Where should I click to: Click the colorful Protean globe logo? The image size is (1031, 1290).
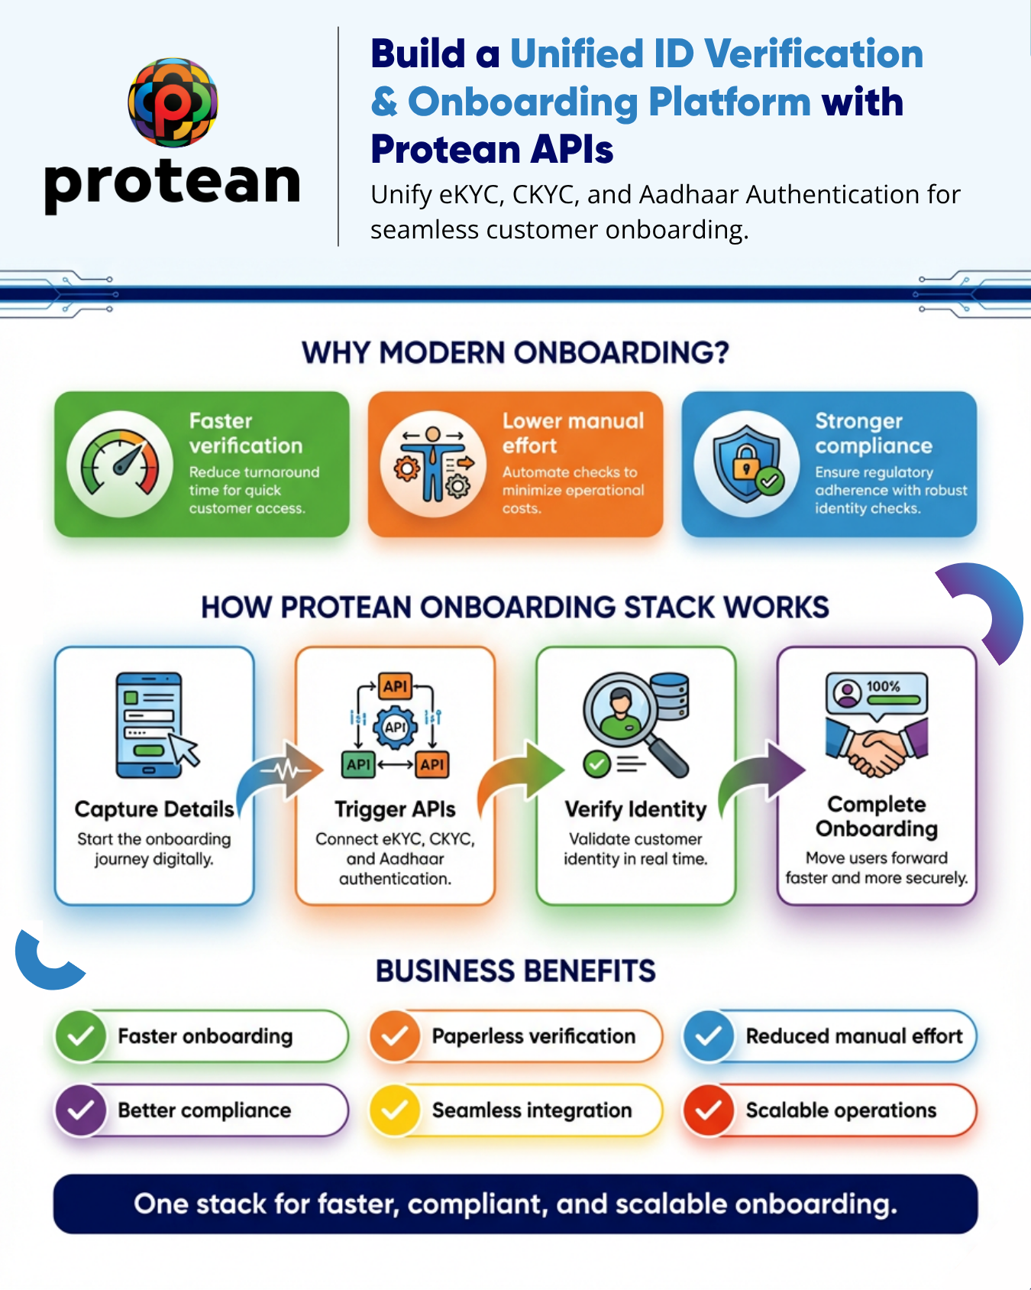click(x=173, y=102)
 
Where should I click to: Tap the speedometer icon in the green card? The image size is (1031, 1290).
click(x=120, y=464)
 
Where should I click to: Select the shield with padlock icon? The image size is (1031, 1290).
click(x=747, y=464)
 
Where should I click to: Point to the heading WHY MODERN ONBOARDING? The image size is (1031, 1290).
click(x=515, y=353)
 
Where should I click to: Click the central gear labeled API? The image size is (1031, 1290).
click(x=395, y=727)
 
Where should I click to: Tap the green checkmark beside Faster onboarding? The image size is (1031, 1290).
click(x=81, y=1036)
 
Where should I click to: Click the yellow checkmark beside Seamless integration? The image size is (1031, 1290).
click(x=395, y=1110)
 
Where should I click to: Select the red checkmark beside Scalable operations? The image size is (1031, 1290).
click(x=709, y=1110)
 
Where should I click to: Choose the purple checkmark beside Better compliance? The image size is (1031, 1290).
click(x=81, y=1110)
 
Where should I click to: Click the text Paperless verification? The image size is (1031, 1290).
click(x=533, y=1036)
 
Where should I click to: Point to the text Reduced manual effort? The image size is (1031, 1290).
click(x=854, y=1036)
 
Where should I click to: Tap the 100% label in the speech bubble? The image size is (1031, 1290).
click(x=883, y=686)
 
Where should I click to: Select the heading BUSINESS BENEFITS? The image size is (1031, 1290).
click(x=515, y=971)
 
